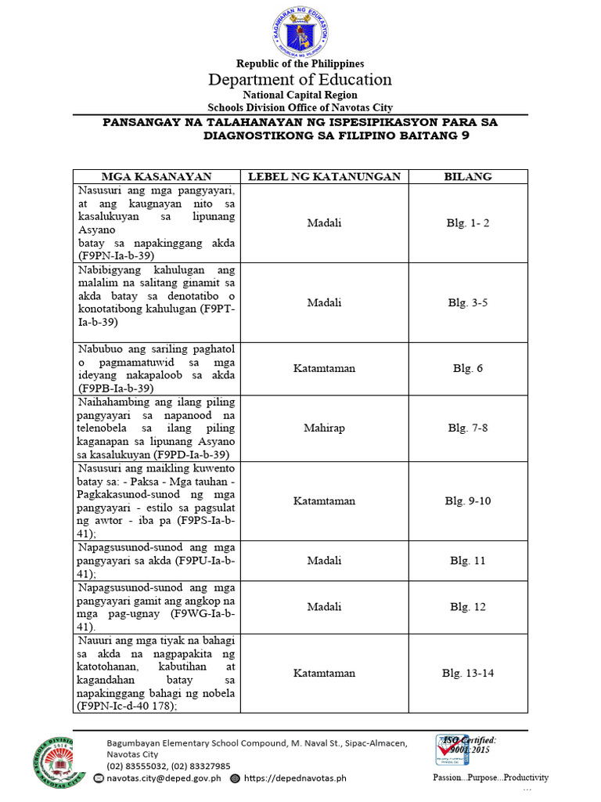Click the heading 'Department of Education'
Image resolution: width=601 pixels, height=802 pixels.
(300, 79)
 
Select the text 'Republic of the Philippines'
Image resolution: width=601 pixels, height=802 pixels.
(300, 63)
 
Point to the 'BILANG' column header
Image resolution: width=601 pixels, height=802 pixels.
(468, 176)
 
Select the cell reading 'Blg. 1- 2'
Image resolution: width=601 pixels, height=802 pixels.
(468, 223)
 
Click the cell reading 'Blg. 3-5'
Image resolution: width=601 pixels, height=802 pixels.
(468, 302)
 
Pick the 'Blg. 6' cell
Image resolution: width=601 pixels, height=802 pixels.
(468, 368)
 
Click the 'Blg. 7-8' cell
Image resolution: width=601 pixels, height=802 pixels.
(468, 428)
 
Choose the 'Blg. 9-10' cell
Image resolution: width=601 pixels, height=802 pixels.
(468, 500)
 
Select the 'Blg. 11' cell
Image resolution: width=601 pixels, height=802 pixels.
(468, 561)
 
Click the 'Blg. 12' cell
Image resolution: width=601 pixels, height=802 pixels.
(468, 606)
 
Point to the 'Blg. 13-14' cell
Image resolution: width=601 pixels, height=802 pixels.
(468, 673)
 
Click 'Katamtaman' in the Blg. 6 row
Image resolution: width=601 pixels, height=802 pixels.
(324, 368)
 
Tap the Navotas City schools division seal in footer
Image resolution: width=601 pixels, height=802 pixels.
(52, 761)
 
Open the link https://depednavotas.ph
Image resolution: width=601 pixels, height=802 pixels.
(295, 779)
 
